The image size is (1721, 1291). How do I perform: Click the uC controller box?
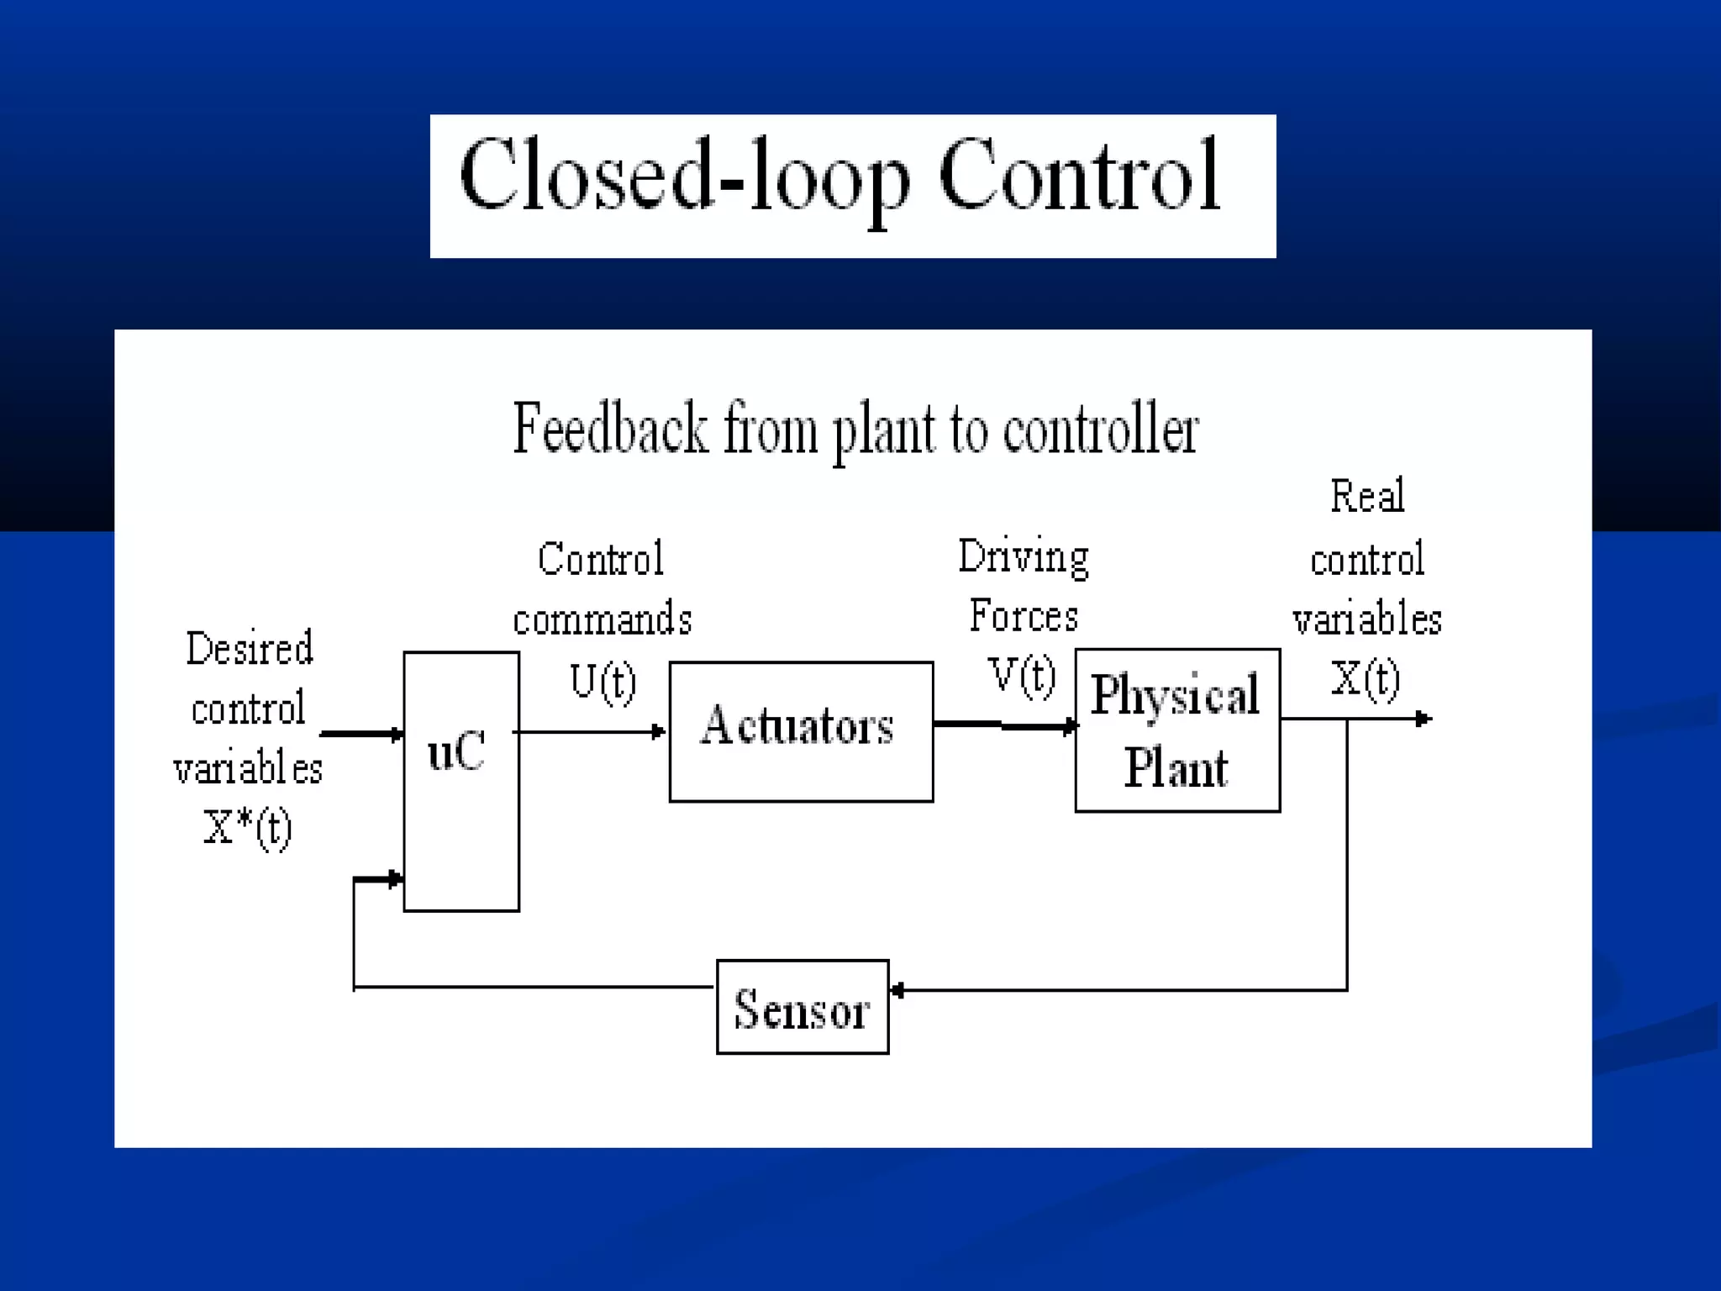[x=461, y=781]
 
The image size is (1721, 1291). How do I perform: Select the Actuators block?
[x=800, y=731]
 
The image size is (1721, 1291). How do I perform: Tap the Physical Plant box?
[x=1176, y=730]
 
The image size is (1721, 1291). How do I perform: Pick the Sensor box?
[x=802, y=1006]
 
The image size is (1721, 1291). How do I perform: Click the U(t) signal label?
[x=603, y=681]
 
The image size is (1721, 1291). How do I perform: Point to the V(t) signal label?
[x=1022, y=675]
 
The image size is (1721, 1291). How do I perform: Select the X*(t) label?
[x=247, y=828]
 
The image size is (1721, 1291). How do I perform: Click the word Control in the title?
[x=1078, y=176]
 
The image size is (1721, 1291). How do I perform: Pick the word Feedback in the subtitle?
[x=610, y=429]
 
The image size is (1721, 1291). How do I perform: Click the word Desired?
[x=250, y=649]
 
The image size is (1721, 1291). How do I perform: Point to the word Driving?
[x=1024, y=557]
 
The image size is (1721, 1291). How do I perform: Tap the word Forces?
[x=1024, y=616]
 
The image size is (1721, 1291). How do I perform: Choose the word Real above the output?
[x=1367, y=496]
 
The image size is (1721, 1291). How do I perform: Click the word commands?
[x=603, y=620]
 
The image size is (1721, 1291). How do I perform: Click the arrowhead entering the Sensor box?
[x=897, y=990]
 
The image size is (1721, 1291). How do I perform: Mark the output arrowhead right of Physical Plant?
[x=1424, y=719]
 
